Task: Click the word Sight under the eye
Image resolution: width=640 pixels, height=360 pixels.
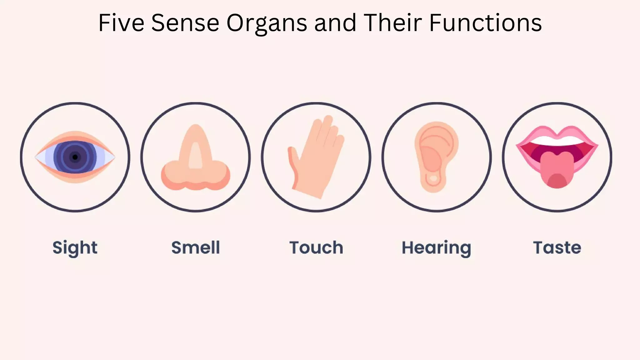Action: tap(75, 247)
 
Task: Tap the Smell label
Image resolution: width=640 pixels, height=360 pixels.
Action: tap(196, 247)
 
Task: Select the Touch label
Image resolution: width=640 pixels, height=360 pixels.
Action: tap(316, 247)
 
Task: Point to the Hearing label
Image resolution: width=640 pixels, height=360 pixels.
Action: tap(436, 247)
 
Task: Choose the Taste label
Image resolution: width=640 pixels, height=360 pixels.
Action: tap(557, 247)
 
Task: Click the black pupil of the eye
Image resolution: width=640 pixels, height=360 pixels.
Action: tap(75, 157)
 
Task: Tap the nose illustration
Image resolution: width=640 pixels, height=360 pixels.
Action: tap(196, 159)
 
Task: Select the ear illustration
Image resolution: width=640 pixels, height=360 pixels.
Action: tap(436, 156)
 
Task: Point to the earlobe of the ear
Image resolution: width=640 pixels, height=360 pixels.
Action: tap(433, 183)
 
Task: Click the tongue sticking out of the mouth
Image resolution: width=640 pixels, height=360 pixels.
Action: tap(557, 170)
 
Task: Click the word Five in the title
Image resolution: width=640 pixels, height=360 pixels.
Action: tap(121, 22)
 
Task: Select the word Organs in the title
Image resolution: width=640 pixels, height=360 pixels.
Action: tap(267, 22)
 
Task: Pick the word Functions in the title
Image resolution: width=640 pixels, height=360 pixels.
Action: tap(485, 22)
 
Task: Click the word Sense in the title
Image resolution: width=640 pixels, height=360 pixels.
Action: tap(185, 22)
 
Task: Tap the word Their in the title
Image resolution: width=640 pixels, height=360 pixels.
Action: tap(393, 22)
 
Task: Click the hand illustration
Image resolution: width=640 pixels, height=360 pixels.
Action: tap(316, 159)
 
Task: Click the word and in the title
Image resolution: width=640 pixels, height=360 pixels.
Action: tap(335, 22)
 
